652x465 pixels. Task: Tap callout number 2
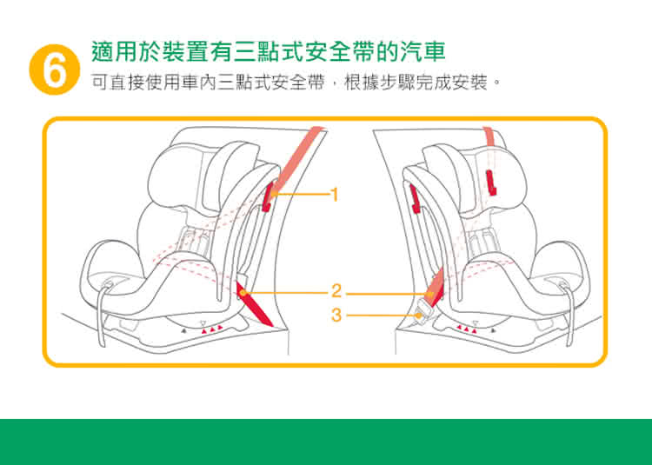click(336, 290)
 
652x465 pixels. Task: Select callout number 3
click(336, 313)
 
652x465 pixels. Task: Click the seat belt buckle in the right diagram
click(425, 308)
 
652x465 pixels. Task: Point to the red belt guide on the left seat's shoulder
click(267, 197)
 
